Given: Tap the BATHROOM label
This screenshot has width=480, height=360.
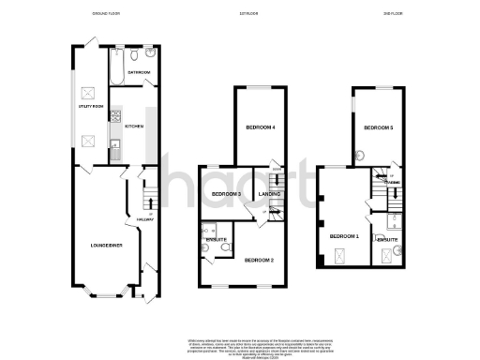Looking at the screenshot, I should pyautogui.click(x=139, y=71).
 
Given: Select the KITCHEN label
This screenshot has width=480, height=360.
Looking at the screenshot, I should pyautogui.click(x=134, y=126).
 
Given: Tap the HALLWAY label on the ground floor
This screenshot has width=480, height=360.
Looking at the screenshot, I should pyautogui.click(x=145, y=220).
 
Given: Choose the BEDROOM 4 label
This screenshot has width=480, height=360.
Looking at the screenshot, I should pyautogui.click(x=260, y=127).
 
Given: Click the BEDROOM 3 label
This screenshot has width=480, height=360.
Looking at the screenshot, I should pyautogui.click(x=227, y=194).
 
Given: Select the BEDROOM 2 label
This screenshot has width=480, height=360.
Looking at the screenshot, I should pyautogui.click(x=259, y=259).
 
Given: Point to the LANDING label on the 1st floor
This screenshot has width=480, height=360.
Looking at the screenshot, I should pyautogui.click(x=270, y=194).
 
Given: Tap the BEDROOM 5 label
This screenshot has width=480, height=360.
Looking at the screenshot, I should pyautogui.click(x=379, y=127).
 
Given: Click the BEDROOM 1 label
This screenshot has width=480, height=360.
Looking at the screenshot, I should pyautogui.click(x=344, y=235).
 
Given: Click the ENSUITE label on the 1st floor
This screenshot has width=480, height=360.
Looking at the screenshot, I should pyautogui.click(x=215, y=240).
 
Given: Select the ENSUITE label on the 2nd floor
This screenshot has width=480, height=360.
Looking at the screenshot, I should pyautogui.click(x=388, y=240).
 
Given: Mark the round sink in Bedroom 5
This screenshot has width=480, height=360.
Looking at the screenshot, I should pyautogui.click(x=359, y=158).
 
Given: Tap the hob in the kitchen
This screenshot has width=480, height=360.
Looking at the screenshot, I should pyautogui.click(x=113, y=117).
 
